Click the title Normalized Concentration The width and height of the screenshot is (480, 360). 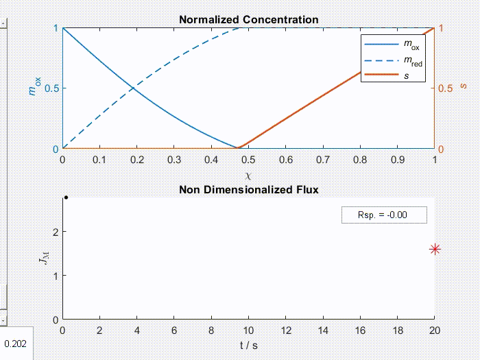(x=248, y=20)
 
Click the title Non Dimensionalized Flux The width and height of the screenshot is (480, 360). (x=248, y=190)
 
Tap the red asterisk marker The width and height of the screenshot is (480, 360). (x=435, y=250)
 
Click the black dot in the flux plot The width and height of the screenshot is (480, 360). (x=66, y=197)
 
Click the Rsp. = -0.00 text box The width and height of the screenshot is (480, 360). (x=384, y=215)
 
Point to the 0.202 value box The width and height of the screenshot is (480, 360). (x=15, y=344)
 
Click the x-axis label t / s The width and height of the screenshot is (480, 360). (x=249, y=345)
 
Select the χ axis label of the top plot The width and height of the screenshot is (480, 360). (x=248, y=176)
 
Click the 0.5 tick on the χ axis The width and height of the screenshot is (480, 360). (x=249, y=160)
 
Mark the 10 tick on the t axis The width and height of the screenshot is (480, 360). (x=249, y=330)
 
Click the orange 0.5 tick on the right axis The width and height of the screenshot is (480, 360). (x=445, y=88)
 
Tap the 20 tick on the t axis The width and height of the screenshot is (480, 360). (x=435, y=330)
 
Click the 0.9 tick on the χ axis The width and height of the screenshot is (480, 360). (x=398, y=160)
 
